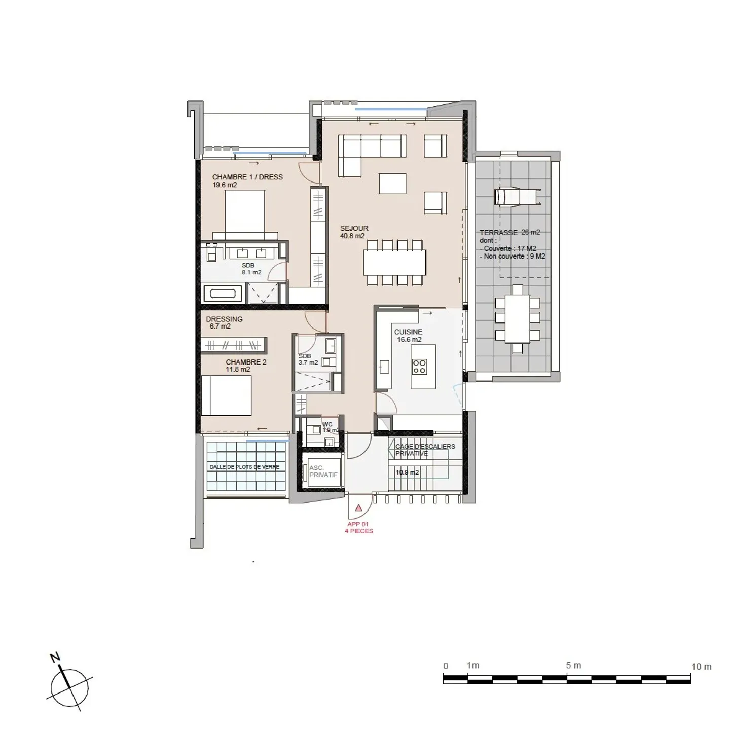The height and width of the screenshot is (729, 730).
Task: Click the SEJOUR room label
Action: (354, 229)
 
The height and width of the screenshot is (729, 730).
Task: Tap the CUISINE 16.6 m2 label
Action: (408, 336)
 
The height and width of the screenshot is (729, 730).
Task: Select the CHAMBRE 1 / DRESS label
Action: (247, 177)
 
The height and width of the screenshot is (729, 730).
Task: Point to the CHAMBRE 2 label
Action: (246, 362)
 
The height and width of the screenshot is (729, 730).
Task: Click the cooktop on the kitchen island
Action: (419, 366)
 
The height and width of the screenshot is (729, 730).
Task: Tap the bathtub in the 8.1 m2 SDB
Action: (223, 294)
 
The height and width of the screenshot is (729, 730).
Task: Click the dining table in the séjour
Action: (394, 263)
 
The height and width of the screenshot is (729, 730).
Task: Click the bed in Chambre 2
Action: (226, 395)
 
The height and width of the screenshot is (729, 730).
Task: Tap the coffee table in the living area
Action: (392, 184)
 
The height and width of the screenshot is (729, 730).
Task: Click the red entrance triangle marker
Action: (359, 507)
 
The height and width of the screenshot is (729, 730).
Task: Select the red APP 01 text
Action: (358, 524)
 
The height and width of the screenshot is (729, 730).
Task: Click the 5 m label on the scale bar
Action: (573, 666)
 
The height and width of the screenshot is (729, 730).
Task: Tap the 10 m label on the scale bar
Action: (701, 667)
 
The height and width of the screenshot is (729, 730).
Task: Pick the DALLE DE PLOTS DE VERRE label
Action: (244, 467)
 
